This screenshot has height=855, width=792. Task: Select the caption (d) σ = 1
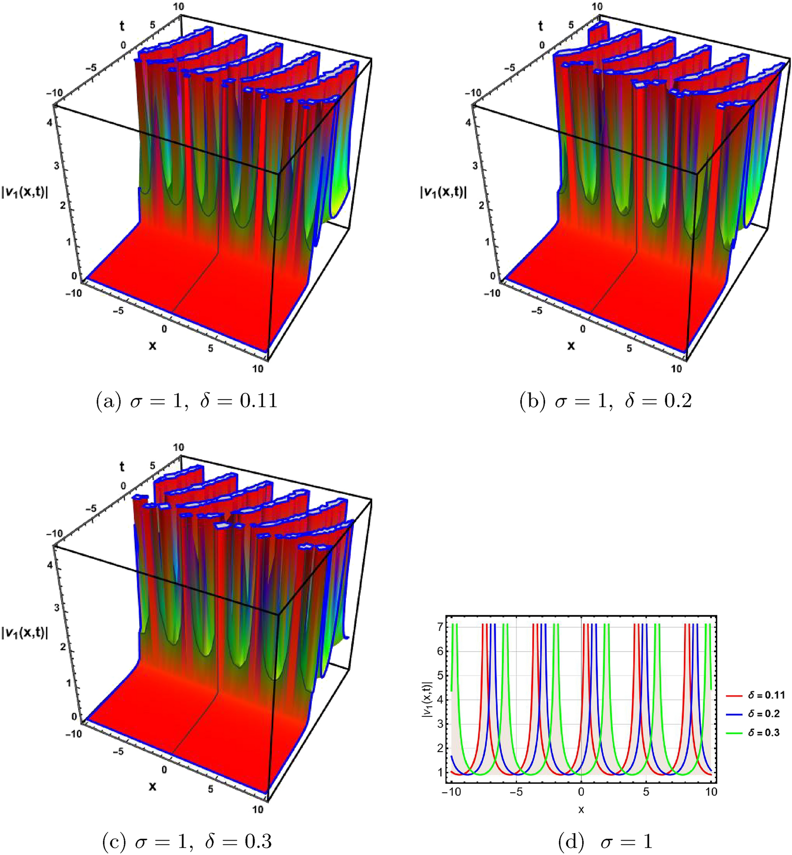606,842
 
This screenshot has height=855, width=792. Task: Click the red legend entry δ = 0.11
755,695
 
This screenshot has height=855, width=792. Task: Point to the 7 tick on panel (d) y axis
440,627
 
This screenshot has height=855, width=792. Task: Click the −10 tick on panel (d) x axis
451,792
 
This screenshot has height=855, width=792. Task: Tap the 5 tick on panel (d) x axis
646,792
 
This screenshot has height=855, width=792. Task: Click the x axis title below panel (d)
581,809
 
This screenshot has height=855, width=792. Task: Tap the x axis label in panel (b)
571,345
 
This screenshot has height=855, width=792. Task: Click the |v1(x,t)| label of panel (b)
443,192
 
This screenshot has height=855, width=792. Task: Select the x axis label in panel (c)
153,786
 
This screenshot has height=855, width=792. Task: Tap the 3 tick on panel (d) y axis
440,723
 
